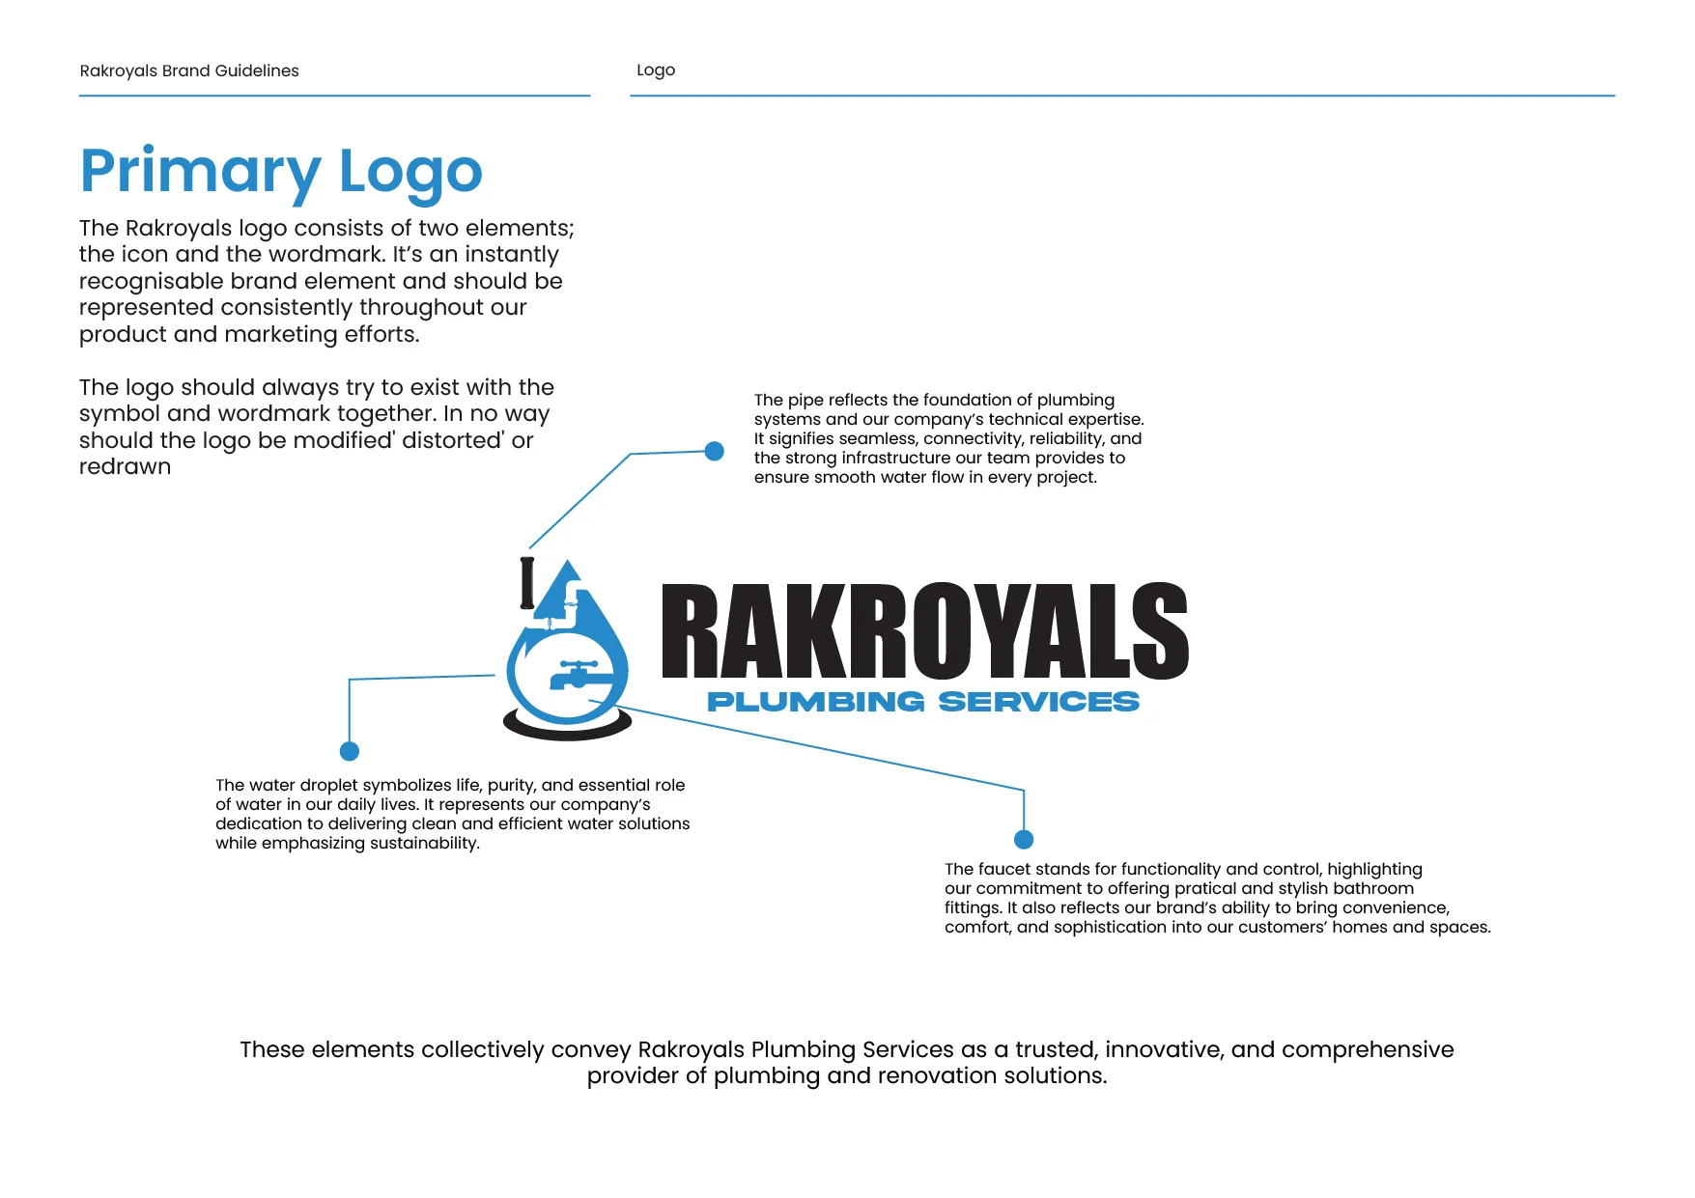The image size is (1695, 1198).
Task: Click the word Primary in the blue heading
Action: (200, 172)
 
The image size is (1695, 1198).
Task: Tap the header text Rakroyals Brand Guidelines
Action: (189, 70)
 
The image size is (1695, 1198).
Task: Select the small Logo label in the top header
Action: (656, 70)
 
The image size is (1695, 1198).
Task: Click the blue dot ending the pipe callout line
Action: (715, 451)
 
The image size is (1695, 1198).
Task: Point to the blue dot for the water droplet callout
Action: (350, 751)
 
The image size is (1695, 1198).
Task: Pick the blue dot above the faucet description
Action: (1024, 840)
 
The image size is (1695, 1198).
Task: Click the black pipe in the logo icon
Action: (527, 583)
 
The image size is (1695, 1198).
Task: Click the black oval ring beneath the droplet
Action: (567, 729)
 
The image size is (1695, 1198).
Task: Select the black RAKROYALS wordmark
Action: (924, 631)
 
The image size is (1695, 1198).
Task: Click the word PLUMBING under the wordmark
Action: (815, 702)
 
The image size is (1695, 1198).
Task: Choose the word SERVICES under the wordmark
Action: (1038, 702)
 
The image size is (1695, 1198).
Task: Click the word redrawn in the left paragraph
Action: (126, 467)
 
